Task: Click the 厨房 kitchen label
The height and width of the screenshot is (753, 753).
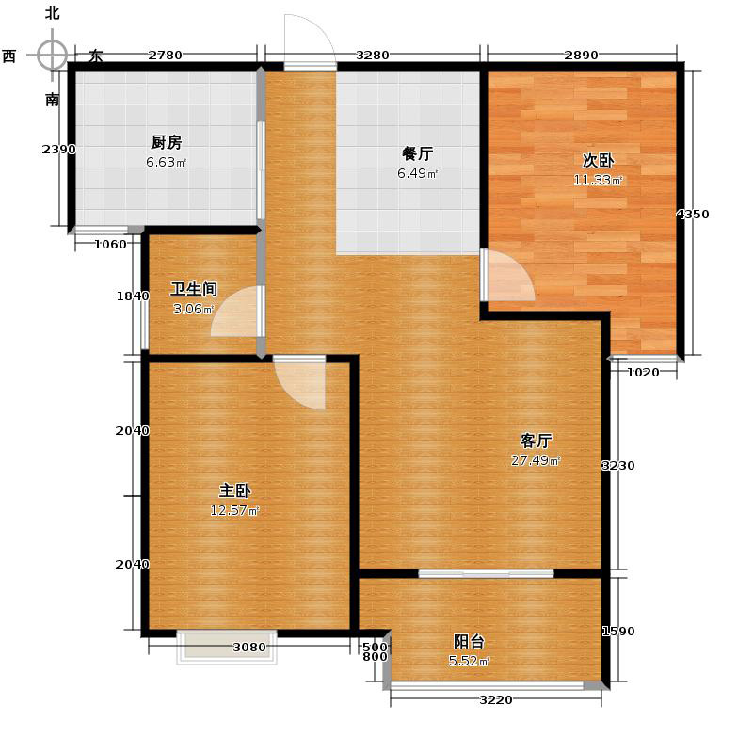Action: point(166,143)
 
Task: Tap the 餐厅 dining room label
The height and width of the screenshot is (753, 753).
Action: point(417,154)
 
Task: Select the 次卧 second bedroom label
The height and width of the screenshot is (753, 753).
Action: point(598,160)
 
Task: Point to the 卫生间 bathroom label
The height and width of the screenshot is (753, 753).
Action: point(194,289)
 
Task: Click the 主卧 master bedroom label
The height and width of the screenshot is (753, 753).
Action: point(234,490)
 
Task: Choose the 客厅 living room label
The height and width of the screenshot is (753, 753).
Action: point(536,440)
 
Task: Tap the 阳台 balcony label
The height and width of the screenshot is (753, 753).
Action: point(469,642)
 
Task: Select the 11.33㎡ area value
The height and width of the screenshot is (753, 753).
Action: point(598,180)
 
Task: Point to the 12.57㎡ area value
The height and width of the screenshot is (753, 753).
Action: point(234,511)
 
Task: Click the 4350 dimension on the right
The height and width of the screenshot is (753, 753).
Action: point(693,215)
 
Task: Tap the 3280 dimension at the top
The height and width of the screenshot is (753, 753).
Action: point(373,55)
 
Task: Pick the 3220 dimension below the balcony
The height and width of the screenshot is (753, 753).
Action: point(496,699)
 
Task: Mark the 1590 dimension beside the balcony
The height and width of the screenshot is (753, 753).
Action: point(617,632)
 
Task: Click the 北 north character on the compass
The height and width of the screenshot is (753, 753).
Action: point(52,12)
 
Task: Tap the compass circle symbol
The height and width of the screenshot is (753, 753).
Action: point(53,55)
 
